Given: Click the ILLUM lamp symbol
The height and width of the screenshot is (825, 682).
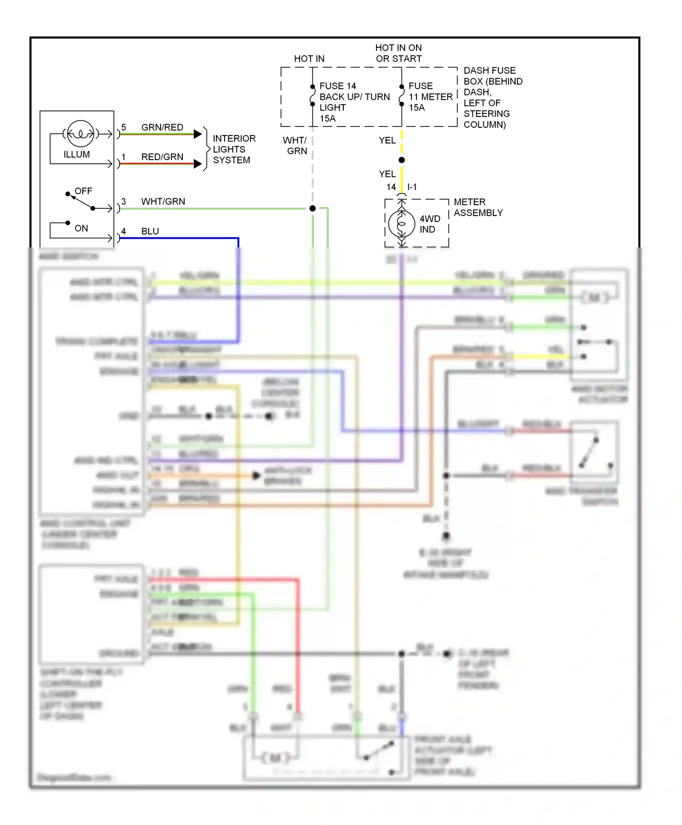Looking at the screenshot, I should (80, 133).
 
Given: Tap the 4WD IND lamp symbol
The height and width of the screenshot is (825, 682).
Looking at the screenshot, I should (401, 223).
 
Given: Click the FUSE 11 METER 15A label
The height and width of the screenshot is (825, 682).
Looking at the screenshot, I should (430, 96).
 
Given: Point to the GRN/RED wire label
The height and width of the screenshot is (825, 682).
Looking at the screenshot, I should (162, 127).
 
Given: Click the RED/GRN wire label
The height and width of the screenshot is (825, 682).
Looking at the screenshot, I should (162, 157).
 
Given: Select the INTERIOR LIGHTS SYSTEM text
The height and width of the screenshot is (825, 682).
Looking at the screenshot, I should (234, 149).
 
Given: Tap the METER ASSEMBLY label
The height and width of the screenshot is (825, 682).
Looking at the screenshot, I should (478, 207).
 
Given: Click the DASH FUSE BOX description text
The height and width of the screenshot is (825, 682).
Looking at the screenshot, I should (492, 97).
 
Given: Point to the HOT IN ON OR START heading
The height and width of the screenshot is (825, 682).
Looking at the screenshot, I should (398, 53).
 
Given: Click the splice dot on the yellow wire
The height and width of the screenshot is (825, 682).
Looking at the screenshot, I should (401, 160).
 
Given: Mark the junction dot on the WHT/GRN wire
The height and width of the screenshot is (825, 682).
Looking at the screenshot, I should (312, 208).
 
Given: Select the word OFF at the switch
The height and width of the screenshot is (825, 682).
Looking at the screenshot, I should (83, 191).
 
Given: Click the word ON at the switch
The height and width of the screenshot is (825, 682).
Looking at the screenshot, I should (81, 228).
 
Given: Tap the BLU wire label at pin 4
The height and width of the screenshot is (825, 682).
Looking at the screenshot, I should (150, 231).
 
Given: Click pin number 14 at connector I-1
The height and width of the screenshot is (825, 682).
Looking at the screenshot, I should (391, 187).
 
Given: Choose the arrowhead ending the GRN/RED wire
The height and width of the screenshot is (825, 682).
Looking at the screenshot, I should (198, 134).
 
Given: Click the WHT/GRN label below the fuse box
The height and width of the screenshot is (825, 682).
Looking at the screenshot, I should (296, 146).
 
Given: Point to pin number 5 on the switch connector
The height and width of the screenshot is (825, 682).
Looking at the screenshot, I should (123, 127).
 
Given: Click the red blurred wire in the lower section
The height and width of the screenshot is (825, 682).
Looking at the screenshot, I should (298, 637).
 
